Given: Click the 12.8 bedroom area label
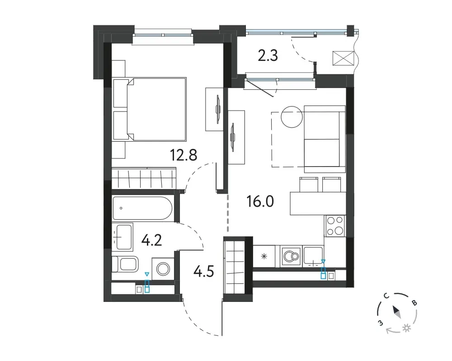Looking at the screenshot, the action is [184, 155].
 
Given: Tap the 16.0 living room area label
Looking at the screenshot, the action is [260, 201].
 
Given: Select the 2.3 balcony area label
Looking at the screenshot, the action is [268, 56].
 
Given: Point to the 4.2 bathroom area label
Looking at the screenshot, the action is [151, 240].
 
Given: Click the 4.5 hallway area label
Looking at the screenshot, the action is [204, 271].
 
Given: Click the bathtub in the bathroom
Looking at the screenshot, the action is [142, 208].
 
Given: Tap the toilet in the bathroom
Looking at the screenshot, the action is [125, 264].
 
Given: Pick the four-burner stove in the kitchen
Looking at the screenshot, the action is [335, 226].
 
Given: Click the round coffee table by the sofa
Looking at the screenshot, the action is [292, 117].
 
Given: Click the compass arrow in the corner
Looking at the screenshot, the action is [396, 312].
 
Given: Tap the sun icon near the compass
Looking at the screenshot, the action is [407, 328].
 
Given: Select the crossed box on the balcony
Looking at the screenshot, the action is [344, 59].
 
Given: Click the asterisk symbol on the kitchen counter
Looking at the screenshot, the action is [264, 256].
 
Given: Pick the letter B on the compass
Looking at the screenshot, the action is [414, 302].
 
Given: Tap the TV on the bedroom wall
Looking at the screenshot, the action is [218, 109].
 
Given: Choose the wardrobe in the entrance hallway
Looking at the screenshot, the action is [234, 269].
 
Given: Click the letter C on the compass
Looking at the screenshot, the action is [386, 296].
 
